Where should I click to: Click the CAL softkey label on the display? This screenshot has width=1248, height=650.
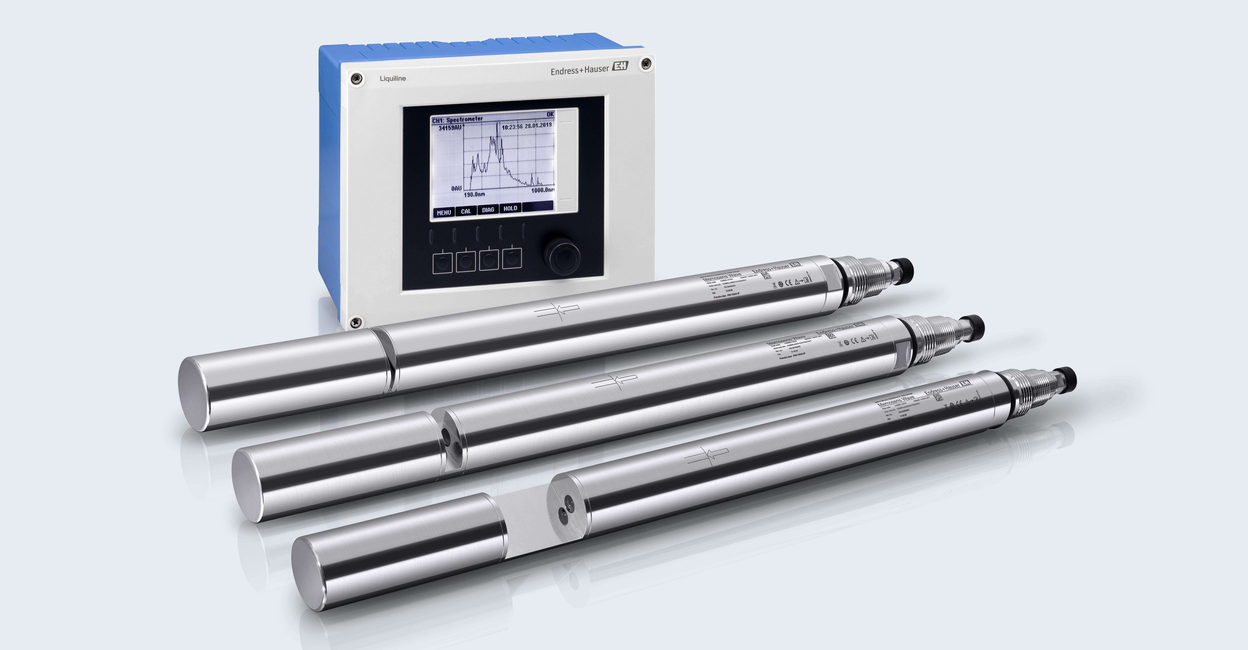[x=466, y=211]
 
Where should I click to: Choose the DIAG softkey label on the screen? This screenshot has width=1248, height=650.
[x=488, y=209]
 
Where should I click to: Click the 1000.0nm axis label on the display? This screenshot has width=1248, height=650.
[x=542, y=190]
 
